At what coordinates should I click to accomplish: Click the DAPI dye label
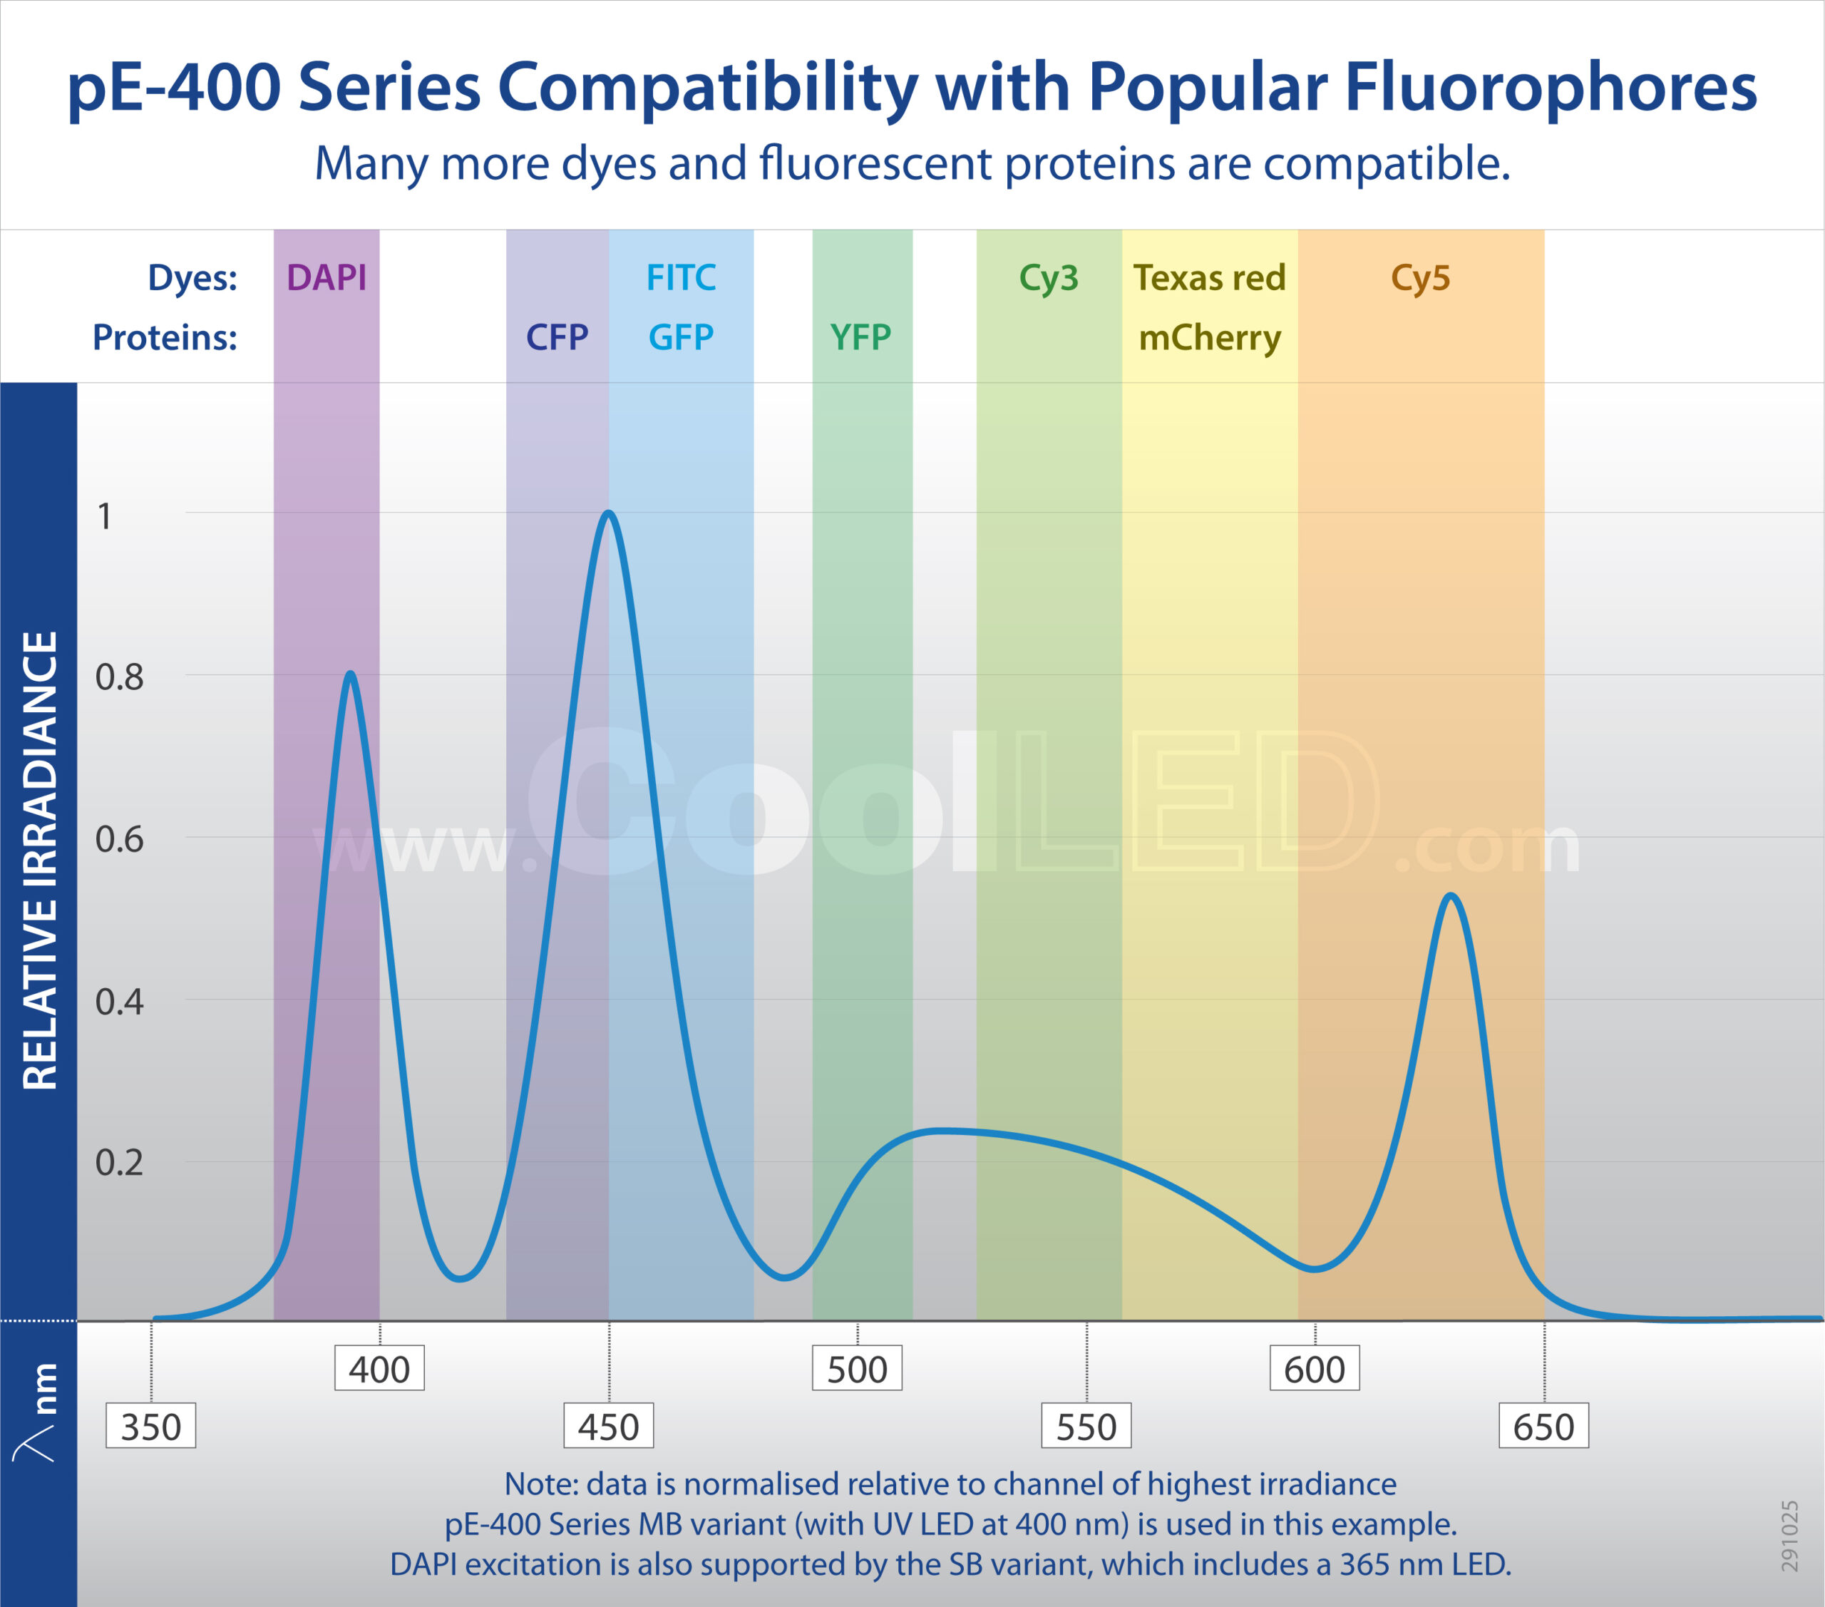click(x=326, y=277)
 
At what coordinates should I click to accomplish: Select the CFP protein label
click(x=557, y=337)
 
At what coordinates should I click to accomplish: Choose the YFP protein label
click(x=860, y=337)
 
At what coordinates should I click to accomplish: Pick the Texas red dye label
click(x=1209, y=277)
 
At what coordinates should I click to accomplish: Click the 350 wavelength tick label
click(x=151, y=1427)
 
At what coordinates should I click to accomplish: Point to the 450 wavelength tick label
click(x=608, y=1427)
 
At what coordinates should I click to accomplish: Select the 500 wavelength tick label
click(x=857, y=1370)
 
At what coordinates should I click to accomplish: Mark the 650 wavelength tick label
click(x=1543, y=1427)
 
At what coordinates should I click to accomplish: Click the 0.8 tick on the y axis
click(x=120, y=677)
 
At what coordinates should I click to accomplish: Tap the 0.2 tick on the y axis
click(x=120, y=1162)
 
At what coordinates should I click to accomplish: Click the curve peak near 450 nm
click(x=608, y=513)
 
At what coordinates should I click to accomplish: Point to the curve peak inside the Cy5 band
click(x=1451, y=895)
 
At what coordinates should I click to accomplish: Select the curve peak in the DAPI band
click(x=351, y=673)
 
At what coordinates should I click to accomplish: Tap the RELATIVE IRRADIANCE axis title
click(x=40, y=861)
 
